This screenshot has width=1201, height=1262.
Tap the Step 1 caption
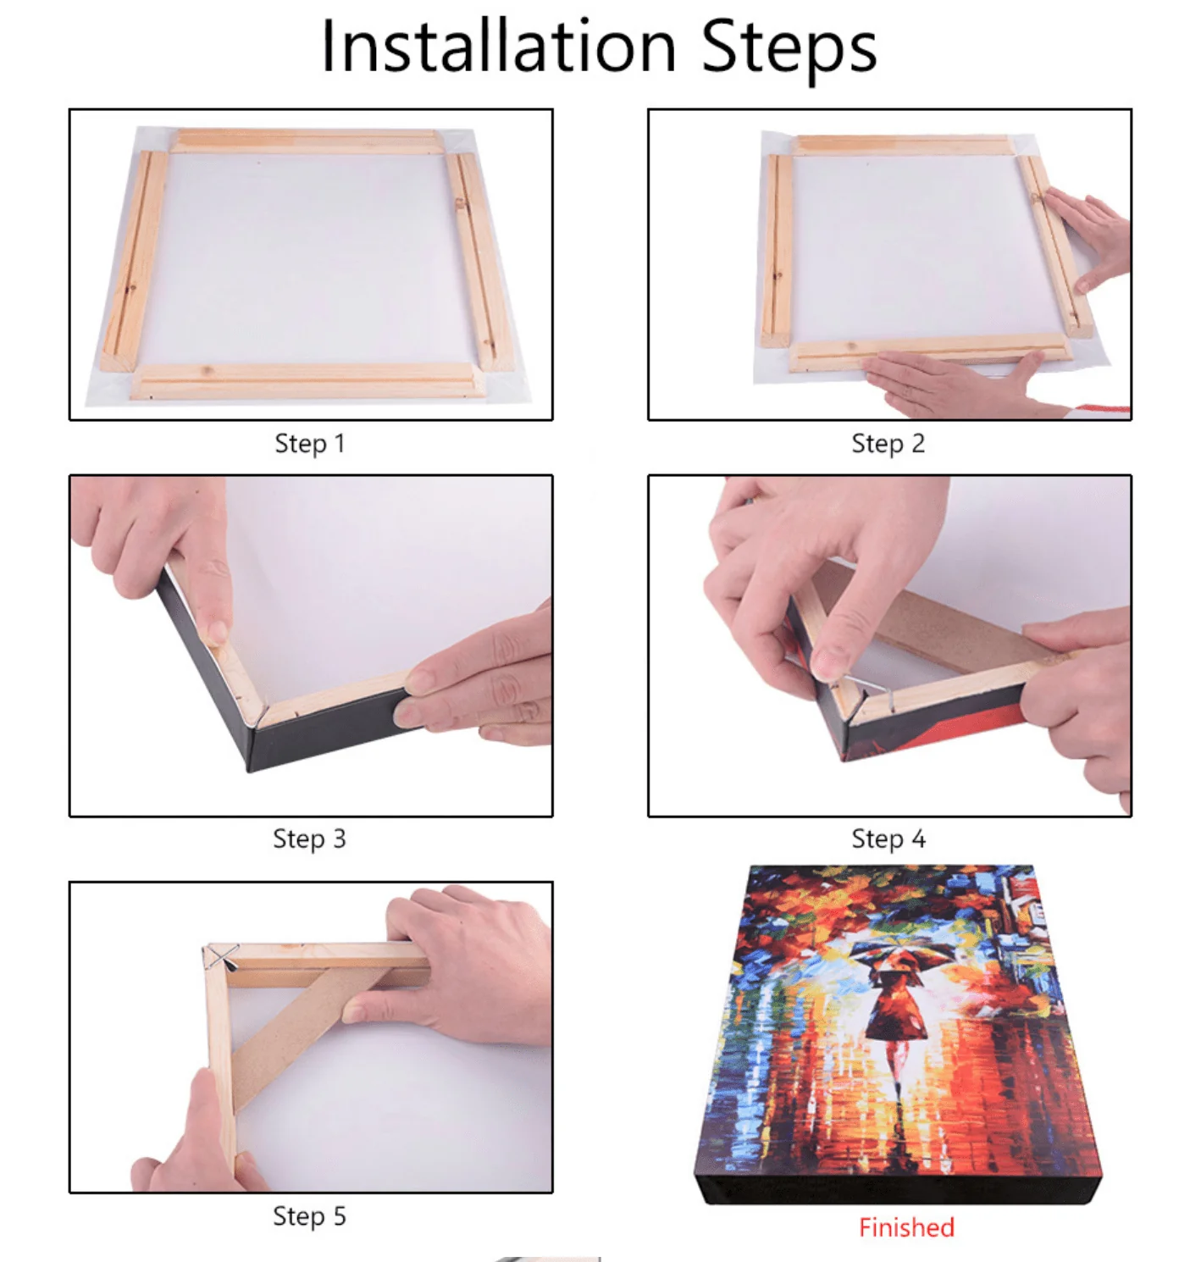click(x=310, y=444)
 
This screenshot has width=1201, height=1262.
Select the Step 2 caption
click(x=888, y=444)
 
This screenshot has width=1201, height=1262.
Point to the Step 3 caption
click(x=309, y=839)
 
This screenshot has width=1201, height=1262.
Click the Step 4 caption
click(x=888, y=839)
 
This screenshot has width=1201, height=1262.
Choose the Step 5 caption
click(x=309, y=1216)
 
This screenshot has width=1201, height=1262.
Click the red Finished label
click(x=906, y=1227)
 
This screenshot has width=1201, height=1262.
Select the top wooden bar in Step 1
click(x=307, y=141)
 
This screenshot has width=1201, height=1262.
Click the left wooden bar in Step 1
click(x=131, y=263)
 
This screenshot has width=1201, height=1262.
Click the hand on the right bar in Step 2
click(x=1093, y=237)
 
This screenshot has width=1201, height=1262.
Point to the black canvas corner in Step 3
click(x=254, y=745)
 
